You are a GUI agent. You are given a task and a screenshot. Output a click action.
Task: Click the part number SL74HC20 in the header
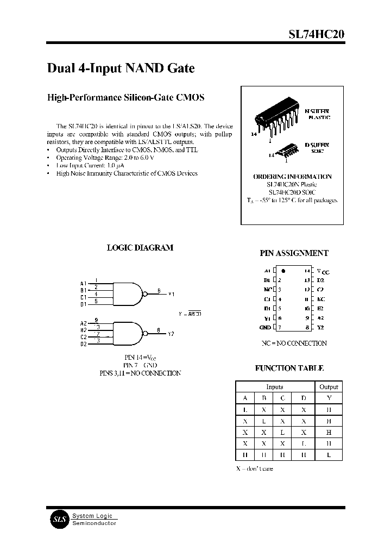pyautogui.click(x=316, y=34)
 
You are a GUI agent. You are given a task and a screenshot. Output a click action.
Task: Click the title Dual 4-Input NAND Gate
pyautogui.click(x=121, y=68)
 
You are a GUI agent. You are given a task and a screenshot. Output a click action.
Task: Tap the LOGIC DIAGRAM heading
pyautogui.click(x=140, y=247)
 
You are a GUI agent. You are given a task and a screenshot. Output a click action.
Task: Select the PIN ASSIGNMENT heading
pyautogui.click(x=294, y=253)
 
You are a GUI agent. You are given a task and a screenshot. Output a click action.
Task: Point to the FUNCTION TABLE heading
pyautogui.click(x=289, y=368)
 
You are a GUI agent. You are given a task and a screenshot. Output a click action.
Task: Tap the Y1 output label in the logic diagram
pyautogui.click(x=171, y=294)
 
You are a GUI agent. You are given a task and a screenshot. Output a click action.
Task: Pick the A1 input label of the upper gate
pyautogui.click(x=83, y=284)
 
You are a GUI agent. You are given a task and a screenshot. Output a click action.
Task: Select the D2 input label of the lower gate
pyautogui.click(x=83, y=344)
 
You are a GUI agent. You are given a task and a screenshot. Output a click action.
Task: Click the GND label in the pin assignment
pyautogui.click(x=265, y=328)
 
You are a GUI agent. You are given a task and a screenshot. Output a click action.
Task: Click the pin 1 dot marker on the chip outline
pyautogui.click(x=283, y=270)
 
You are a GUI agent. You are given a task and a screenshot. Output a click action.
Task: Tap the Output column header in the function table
pyautogui.click(x=329, y=387)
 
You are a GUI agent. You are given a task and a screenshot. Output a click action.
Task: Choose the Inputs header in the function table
pyautogui.click(x=275, y=387)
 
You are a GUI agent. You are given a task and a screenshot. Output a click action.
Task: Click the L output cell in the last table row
pyautogui.click(x=329, y=455)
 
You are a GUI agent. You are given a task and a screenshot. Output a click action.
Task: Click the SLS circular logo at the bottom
pyautogui.click(x=58, y=519)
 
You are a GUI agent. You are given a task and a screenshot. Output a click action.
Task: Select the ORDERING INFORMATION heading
pyautogui.click(x=292, y=177)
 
